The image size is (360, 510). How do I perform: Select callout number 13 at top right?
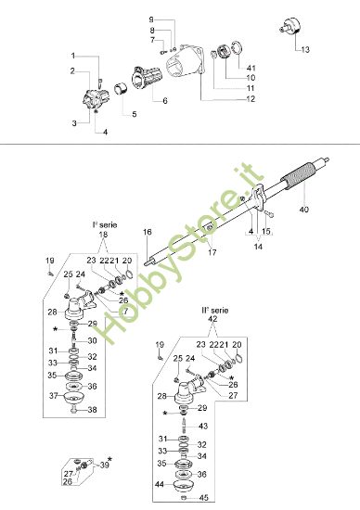tap(307, 48)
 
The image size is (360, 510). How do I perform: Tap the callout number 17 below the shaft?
tap(212, 252)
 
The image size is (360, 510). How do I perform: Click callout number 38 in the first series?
tap(92, 410)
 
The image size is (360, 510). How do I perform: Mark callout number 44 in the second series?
tap(161, 484)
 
